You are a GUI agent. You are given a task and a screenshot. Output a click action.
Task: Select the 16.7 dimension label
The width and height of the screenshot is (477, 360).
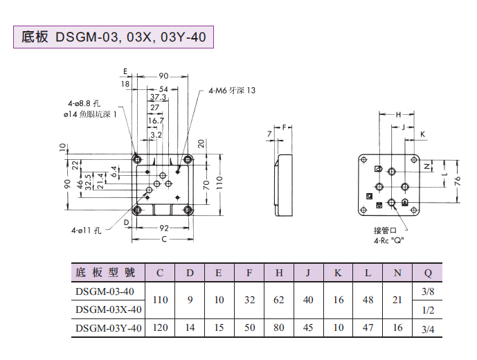[156, 120]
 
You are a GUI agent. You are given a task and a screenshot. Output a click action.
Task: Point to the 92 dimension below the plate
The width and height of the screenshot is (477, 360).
[164, 227]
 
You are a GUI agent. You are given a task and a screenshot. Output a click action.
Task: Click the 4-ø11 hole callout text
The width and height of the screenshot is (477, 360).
[86, 231]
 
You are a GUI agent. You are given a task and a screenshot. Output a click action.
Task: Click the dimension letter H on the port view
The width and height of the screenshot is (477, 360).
[398, 114]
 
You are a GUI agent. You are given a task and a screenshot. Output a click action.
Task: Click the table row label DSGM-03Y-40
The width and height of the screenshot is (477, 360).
[109, 328]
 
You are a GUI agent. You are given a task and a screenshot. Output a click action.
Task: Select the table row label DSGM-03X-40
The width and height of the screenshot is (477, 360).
[109, 309]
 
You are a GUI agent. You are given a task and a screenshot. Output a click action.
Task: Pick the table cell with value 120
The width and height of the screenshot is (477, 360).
[160, 328]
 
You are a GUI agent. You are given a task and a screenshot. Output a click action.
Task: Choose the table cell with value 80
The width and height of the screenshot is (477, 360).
[279, 328]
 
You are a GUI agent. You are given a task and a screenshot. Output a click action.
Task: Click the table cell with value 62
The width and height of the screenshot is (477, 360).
[279, 300]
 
